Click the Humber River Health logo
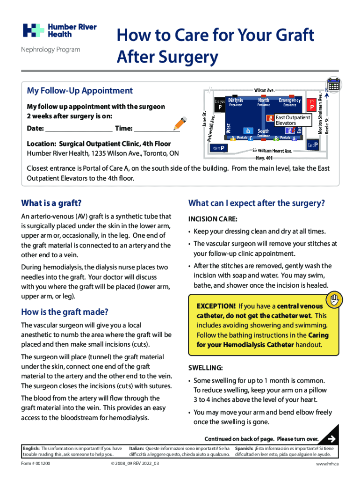click(x=59, y=30)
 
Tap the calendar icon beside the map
click(x=334, y=85)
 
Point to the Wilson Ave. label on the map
click(x=264, y=90)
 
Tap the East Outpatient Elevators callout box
click(x=292, y=120)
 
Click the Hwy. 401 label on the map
click(x=264, y=158)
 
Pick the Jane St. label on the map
click(x=204, y=119)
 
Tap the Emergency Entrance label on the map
click(x=289, y=102)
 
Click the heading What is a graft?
click(x=51, y=203)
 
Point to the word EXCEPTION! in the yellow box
click(x=216, y=306)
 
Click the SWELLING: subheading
click(x=205, y=368)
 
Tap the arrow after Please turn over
click(x=331, y=438)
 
